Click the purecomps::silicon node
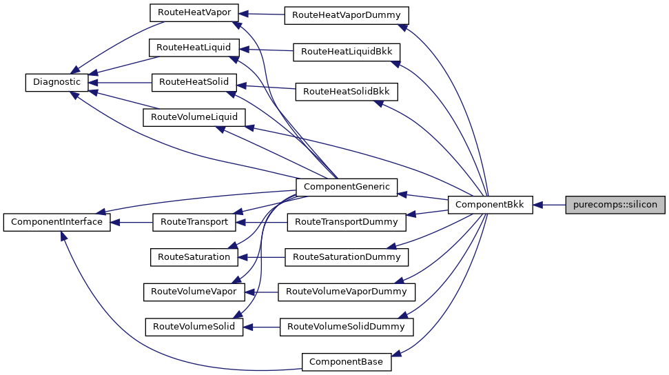(615, 205)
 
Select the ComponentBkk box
(490, 205)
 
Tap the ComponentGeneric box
(346, 186)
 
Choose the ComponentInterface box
(56, 222)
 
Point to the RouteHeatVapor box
(194, 12)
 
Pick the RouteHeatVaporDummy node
(347, 14)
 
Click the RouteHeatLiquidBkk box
(347, 52)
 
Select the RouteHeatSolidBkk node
(347, 91)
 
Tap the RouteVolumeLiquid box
(194, 117)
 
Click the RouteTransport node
(194, 222)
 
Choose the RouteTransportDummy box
(347, 222)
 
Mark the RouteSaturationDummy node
(347, 257)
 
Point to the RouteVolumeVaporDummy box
(347, 292)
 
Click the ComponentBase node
(347, 361)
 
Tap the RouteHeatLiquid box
(194, 47)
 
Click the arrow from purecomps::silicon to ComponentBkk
(549, 205)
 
